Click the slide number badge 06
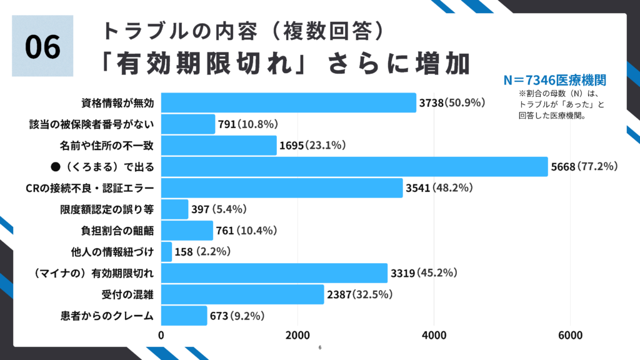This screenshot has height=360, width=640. point(42,46)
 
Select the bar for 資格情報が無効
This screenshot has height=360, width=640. point(289,102)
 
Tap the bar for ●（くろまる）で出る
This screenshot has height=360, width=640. point(354,166)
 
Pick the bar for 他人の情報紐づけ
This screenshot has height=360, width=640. point(167,252)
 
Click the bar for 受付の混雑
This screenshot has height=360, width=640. point(242,294)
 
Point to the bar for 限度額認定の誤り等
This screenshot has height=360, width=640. point(175,209)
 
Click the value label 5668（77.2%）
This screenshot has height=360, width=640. point(585,166)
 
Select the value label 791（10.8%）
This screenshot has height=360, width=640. point(247,124)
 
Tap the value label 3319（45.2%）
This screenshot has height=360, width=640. point(424,272)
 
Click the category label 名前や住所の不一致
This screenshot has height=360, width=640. point(107,145)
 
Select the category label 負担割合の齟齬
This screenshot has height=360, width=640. point(113,231)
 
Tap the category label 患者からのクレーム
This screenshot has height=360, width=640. point(104,316)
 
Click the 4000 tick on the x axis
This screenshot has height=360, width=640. point(434,336)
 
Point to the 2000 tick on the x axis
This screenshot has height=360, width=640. point(298,336)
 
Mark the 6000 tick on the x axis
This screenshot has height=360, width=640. point(570,336)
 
